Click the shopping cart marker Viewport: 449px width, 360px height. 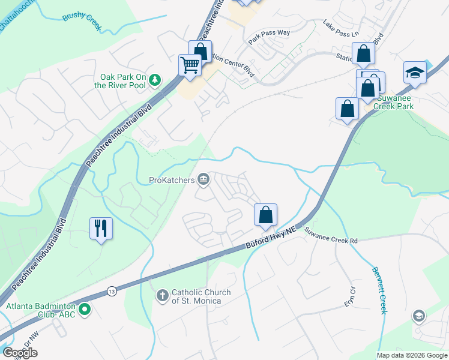coord(190,64)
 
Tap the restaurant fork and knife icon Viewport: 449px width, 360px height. coord(100,228)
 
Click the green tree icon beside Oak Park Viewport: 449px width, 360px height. coord(155,79)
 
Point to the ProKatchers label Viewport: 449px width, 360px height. coord(173,179)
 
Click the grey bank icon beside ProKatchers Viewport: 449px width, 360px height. coord(204,179)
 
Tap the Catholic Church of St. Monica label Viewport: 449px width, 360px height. coord(201,296)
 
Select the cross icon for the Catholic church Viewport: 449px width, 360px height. coord(161,296)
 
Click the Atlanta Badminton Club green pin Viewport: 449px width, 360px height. coord(85,310)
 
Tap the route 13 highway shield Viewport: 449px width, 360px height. coord(112,292)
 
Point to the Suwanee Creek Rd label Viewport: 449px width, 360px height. coord(331,235)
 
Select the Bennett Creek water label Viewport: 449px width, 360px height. coord(379,290)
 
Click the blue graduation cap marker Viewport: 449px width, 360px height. coord(415,73)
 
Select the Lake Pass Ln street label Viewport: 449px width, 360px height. coord(340,28)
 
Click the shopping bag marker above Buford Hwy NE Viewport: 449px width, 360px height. coord(265,215)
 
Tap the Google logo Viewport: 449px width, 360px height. coord(20,353)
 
